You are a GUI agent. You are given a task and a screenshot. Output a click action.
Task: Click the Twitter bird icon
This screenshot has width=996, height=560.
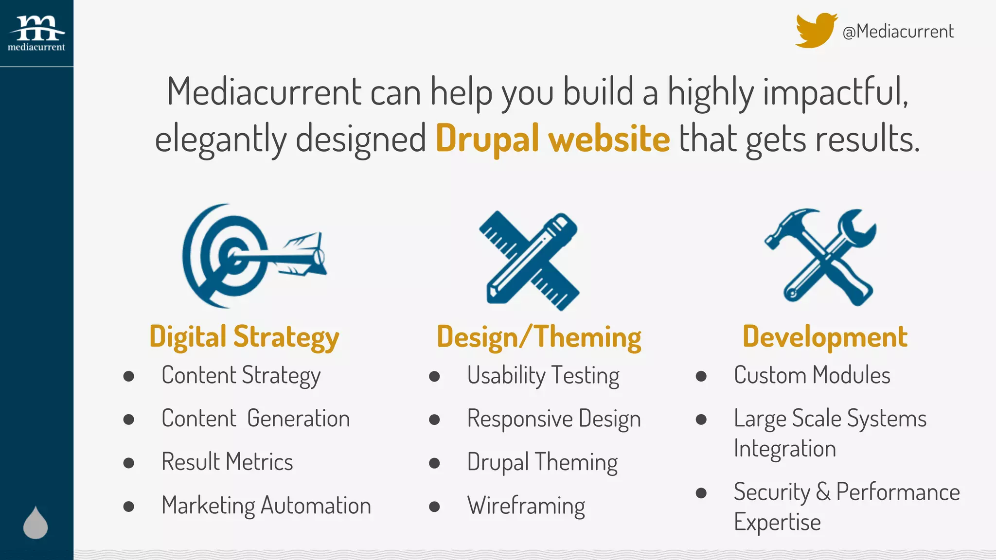815,31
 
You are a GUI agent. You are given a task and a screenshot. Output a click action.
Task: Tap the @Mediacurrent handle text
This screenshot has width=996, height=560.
898,32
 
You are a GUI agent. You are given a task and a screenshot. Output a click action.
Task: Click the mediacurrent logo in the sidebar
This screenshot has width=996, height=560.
36,33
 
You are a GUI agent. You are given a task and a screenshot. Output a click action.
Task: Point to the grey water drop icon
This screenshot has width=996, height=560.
36,523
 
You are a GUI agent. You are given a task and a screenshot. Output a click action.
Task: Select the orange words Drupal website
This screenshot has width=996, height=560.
552,139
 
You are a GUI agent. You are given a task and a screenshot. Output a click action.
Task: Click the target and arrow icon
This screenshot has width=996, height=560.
253,256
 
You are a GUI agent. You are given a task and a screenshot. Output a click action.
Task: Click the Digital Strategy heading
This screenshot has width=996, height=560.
244,337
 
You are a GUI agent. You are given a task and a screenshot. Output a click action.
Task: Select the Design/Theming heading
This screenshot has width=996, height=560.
539,337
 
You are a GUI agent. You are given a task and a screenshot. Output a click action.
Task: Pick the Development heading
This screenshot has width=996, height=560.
825,336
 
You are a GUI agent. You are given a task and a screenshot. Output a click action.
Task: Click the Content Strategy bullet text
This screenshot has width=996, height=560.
241,376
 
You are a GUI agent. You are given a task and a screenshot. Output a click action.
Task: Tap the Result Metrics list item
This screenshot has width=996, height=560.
227,462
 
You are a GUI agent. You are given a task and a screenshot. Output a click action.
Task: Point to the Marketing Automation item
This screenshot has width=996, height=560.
266,506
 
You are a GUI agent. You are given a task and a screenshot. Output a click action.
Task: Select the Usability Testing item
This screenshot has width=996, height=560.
543,376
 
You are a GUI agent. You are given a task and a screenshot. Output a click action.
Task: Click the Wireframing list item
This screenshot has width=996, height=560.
526,506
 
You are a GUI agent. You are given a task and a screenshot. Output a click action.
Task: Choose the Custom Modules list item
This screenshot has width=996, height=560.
812,375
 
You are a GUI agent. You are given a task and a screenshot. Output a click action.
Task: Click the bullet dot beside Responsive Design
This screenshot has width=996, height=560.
434,420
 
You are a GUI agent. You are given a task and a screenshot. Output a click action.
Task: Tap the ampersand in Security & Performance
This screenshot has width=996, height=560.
823,491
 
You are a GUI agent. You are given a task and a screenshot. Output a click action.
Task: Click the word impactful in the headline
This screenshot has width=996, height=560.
835,92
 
